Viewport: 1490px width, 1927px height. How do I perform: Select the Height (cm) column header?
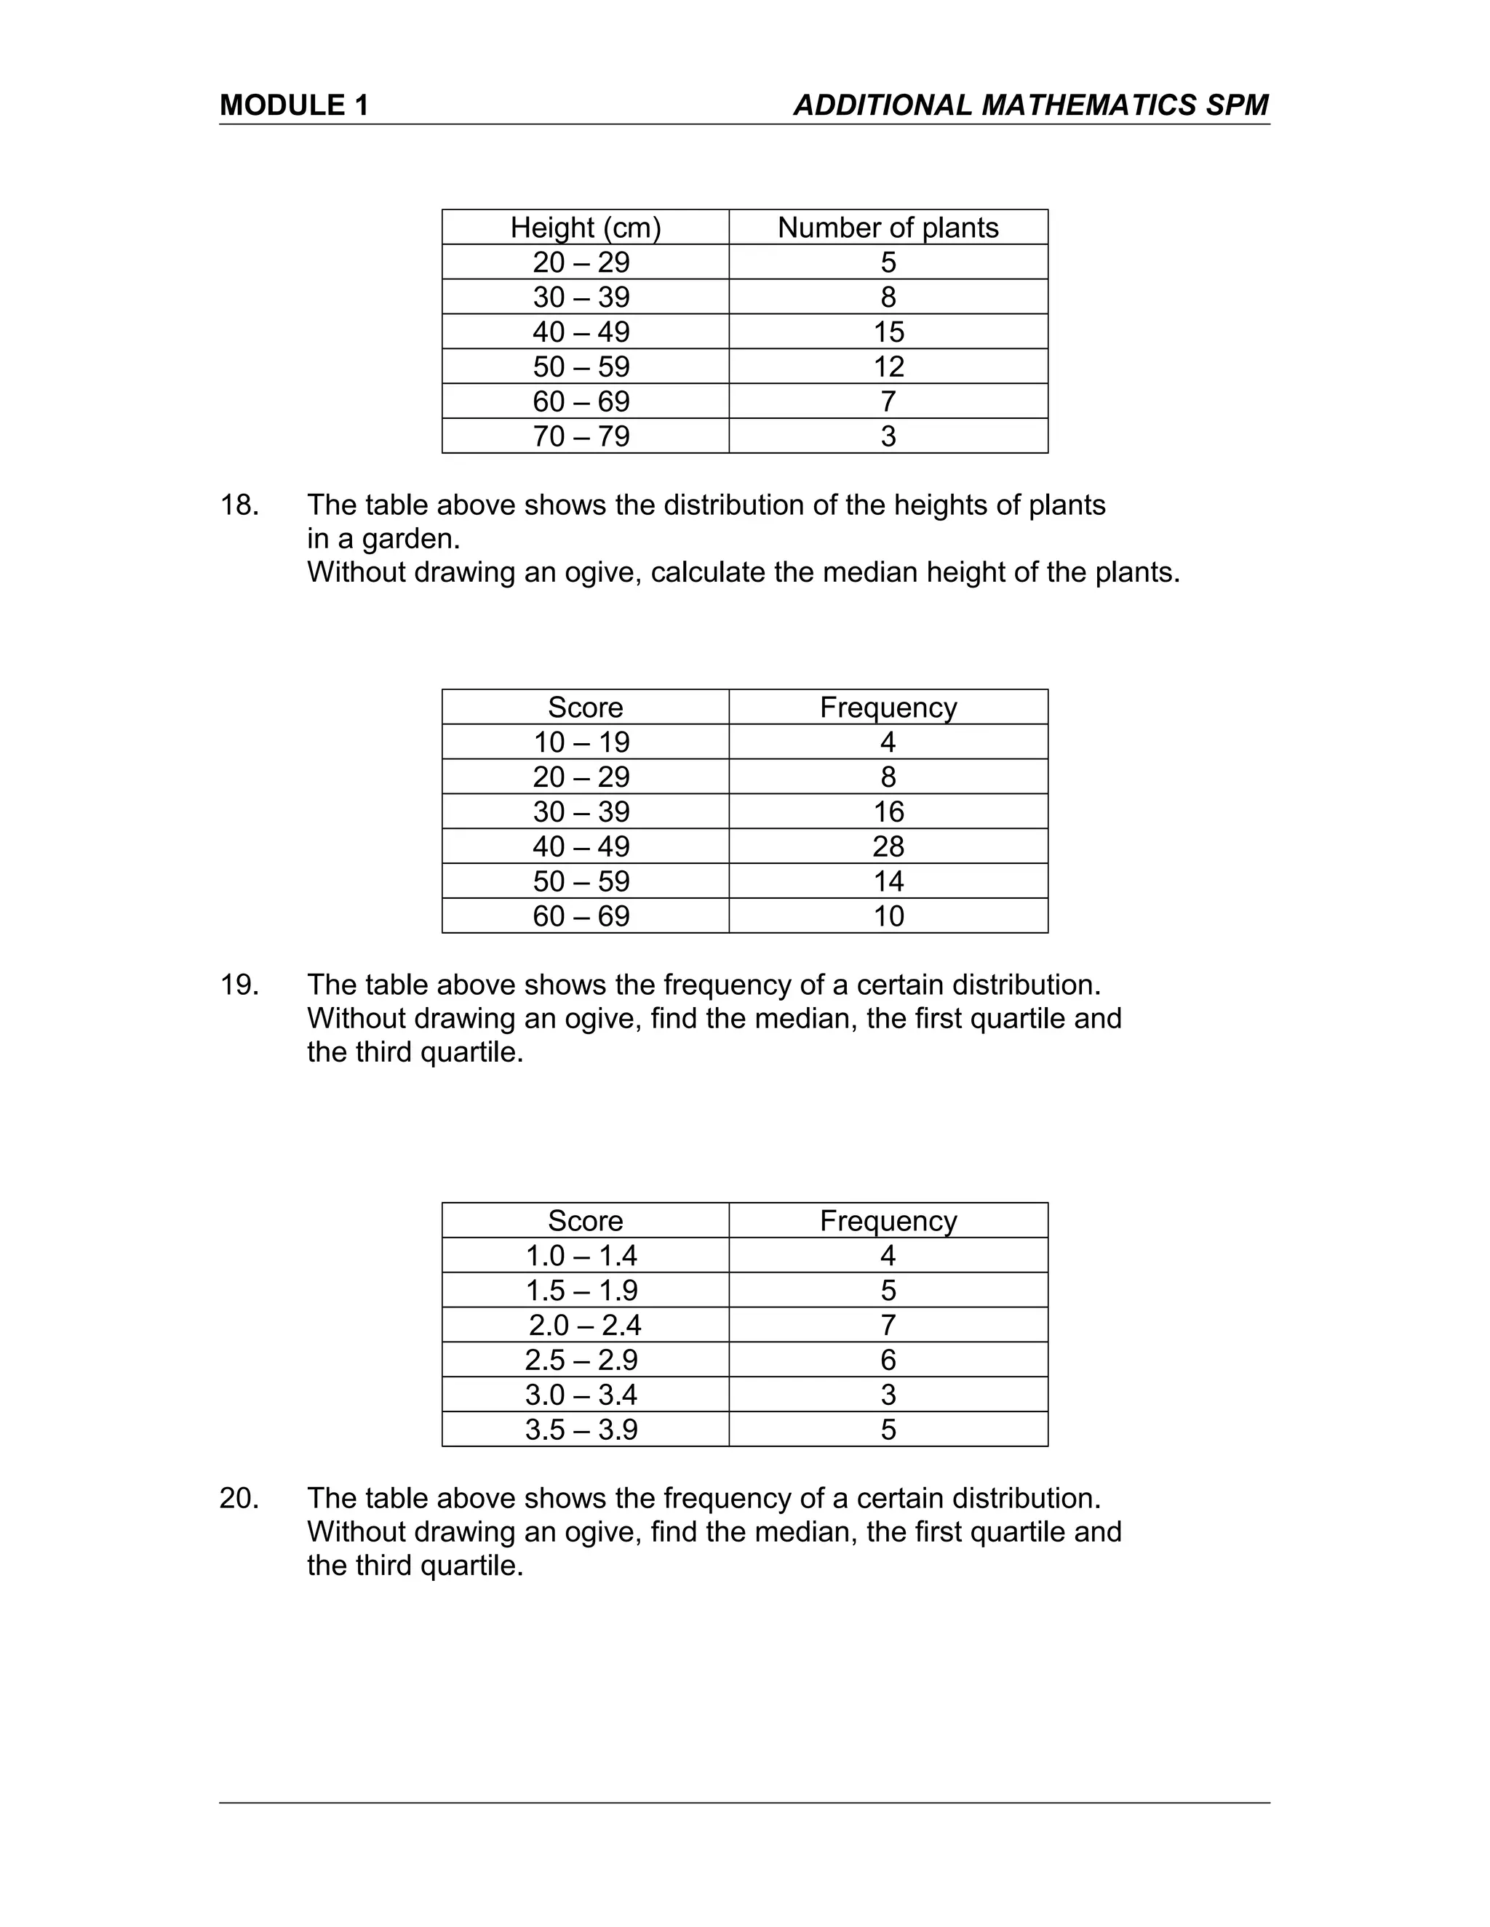[x=585, y=228]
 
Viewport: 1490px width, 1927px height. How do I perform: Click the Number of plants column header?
[x=888, y=228]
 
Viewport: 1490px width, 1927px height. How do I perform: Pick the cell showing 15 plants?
[x=888, y=332]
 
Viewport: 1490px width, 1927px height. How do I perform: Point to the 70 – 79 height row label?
[x=581, y=436]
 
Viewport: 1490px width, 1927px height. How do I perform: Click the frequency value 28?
[x=888, y=846]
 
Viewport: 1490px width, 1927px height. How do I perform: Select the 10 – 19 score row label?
[x=581, y=742]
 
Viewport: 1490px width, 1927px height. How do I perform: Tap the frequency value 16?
[x=888, y=812]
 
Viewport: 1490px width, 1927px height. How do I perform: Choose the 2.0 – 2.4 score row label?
[x=584, y=1324]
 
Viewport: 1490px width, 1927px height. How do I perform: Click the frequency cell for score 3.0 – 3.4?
[x=888, y=1394]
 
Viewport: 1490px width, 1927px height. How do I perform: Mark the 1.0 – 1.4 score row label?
[x=581, y=1256]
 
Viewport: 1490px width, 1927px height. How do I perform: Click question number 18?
[x=239, y=505]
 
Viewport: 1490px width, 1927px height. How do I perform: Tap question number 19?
[x=239, y=985]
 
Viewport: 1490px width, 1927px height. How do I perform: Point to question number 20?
[x=239, y=1498]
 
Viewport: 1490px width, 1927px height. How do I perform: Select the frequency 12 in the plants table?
[x=888, y=366]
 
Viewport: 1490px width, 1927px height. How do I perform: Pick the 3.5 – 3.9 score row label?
[x=581, y=1430]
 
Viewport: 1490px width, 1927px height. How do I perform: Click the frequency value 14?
[x=888, y=881]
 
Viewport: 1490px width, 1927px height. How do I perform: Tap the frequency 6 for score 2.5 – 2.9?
[x=888, y=1360]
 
